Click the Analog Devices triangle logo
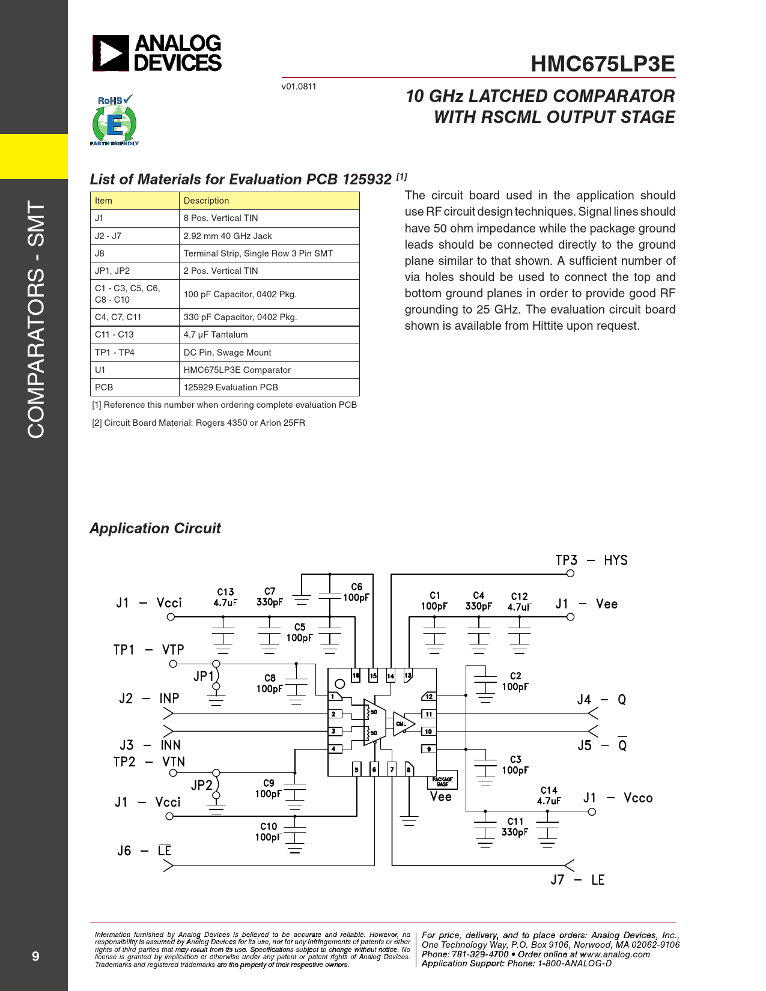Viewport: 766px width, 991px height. point(111,53)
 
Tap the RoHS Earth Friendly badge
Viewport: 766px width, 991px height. point(114,121)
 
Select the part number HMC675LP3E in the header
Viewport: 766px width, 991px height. point(603,64)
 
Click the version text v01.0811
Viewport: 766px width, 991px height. point(299,86)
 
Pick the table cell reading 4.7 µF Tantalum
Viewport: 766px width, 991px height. point(216,335)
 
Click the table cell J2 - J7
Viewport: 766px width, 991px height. point(108,236)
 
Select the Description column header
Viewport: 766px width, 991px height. point(206,201)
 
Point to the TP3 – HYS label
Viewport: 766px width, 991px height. point(591,560)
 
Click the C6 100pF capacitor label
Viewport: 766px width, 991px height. point(356,592)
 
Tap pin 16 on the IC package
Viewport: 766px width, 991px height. point(356,676)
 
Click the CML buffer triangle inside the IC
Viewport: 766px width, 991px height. point(403,724)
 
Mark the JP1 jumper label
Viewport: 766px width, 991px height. point(203,676)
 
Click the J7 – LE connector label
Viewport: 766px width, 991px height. point(577,880)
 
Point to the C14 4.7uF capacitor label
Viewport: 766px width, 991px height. point(549,796)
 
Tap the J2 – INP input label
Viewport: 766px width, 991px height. point(149,699)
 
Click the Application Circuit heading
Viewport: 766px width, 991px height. point(155,529)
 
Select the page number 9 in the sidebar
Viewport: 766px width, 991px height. point(35,956)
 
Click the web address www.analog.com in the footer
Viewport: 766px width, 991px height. point(615,954)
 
